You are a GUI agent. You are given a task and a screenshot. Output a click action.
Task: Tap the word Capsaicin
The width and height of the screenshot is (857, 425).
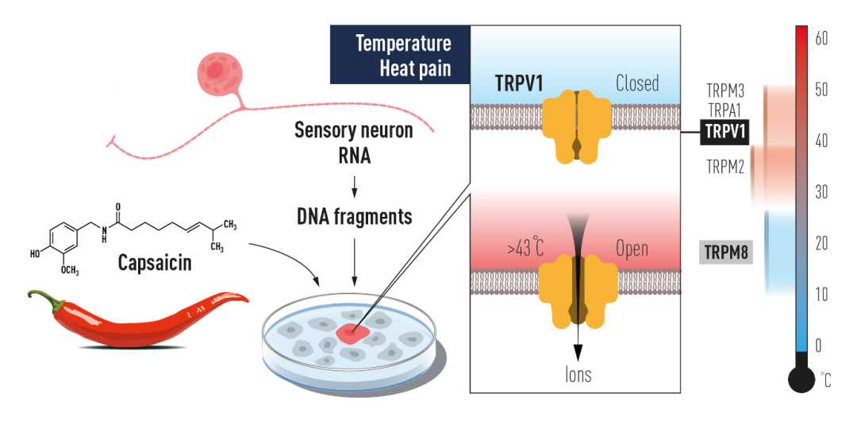[155, 261]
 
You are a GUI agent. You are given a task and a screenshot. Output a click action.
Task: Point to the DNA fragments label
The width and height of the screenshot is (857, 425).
[354, 215]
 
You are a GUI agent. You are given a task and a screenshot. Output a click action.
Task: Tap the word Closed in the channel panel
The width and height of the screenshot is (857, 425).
[637, 83]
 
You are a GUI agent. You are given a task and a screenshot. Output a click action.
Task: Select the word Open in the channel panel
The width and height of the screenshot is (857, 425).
[632, 249]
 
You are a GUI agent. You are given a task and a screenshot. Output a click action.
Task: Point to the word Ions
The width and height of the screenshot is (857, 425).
[578, 374]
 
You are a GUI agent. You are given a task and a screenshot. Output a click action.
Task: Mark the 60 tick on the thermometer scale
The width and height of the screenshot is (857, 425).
[821, 38]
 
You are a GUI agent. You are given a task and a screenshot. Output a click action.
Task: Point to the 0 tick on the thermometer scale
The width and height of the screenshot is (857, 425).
[821, 345]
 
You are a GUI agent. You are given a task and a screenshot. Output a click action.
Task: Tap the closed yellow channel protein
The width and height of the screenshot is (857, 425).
[577, 123]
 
